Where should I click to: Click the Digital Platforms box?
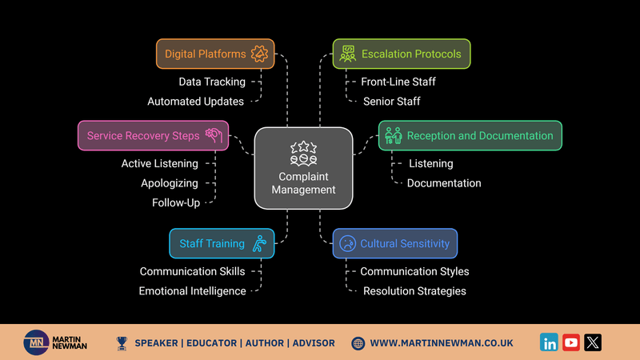coord(215,54)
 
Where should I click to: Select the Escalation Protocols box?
coord(402,54)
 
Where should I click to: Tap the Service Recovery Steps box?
coord(153,135)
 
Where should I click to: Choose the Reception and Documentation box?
coord(470,135)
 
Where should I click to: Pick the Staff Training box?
coord(222,243)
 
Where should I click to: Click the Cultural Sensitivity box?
coord(395,243)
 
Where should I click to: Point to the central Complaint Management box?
coord(303,168)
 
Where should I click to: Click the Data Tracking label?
coord(212,82)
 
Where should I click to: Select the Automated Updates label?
coord(195,102)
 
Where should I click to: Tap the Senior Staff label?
coord(392,102)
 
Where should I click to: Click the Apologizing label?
coord(170,183)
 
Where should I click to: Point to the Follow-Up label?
coord(176,203)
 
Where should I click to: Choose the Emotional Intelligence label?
coord(192,291)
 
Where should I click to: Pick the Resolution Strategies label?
coord(414,291)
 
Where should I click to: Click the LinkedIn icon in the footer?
coord(549,342)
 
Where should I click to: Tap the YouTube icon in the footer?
coord(571,342)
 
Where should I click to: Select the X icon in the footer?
coord(593,342)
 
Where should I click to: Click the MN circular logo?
coord(36,342)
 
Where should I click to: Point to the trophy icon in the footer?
coord(122,344)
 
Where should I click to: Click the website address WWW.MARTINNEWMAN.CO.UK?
coord(442,343)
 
